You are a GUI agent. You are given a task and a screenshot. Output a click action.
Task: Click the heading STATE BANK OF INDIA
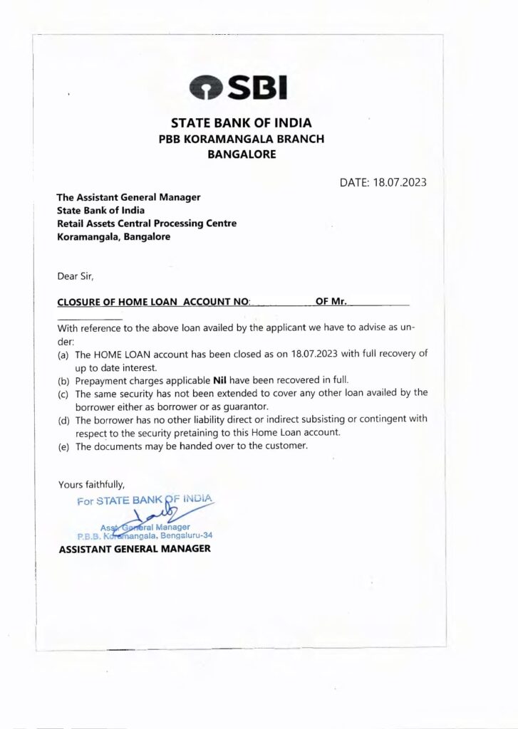click(x=241, y=122)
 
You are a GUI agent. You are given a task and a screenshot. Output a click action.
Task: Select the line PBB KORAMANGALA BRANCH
click(x=241, y=139)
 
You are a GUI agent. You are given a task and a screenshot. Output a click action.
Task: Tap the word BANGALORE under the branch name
click(x=241, y=154)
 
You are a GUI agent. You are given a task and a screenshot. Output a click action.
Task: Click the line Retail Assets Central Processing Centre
click(x=147, y=224)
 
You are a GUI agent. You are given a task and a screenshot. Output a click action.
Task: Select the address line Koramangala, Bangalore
click(x=113, y=237)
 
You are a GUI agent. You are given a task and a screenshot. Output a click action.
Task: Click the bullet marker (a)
click(x=63, y=354)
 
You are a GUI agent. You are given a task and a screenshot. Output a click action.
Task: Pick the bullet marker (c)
click(x=63, y=393)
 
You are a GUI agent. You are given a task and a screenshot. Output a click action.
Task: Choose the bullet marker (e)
click(x=63, y=447)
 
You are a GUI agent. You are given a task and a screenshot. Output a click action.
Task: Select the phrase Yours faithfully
click(x=91, y=485)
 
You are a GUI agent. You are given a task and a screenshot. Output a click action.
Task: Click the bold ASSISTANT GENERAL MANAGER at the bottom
click(x=135, y=549)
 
